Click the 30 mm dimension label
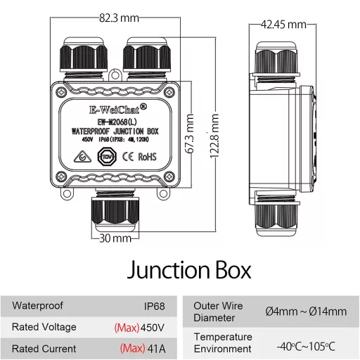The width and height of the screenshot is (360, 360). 115,238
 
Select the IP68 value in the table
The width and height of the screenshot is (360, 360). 154,307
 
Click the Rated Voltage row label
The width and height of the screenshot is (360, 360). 44,327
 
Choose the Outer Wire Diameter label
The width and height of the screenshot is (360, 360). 219,311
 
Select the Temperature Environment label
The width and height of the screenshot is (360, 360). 222,343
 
